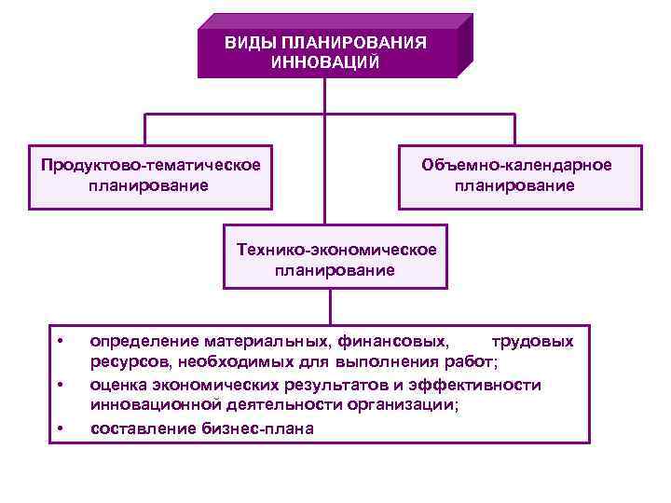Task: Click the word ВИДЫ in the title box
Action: (x=247, y=43)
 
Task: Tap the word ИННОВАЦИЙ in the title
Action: (x=324, y=62)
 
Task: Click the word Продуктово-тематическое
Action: (x=150, y=165)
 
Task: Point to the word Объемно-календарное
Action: (x=516, y=165)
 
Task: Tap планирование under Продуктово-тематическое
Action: (x=150, y=185)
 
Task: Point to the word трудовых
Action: (x=532, y=341)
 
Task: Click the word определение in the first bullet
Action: (x=142, y=341)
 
